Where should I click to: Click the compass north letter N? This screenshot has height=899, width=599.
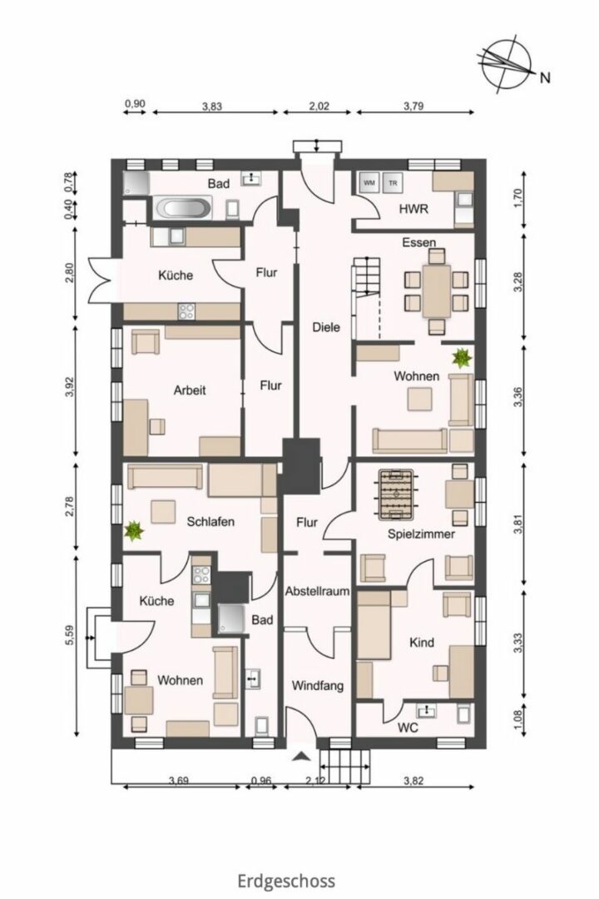(x=545, y=77)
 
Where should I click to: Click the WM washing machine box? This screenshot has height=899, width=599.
(x=369, y=183)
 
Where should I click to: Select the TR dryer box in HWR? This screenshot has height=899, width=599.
(x=393, y=183)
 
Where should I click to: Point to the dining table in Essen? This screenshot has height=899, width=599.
(x=437, y=291)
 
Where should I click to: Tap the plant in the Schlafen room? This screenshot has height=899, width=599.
(x=134, y=530)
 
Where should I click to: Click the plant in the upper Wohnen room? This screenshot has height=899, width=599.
(x=462, y=358)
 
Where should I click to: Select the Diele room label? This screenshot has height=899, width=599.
(x=326, y=327)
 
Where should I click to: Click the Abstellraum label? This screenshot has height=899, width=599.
(x=318, y=591)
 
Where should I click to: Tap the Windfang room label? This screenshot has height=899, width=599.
(x=318, y=686)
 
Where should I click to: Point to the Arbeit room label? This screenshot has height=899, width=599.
(x=190, y=390)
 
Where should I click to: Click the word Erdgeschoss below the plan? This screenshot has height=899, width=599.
(x=286, y=880)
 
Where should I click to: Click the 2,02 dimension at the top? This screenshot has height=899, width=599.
(x=319, y=106)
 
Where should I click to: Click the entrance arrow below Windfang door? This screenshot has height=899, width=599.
(x=301, y=757)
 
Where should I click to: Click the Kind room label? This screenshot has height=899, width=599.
(x=422, y=643)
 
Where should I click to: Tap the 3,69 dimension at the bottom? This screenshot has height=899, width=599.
(x=179, y=780)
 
